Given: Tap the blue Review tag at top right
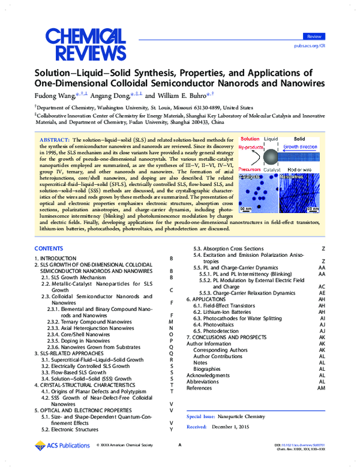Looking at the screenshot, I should (x=313, y=37).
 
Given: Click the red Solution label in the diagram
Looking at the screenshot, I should (x=250, y=139).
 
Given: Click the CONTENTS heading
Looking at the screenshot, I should (x=49, y=248).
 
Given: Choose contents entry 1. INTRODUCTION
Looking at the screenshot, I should (x=57, y=258).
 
